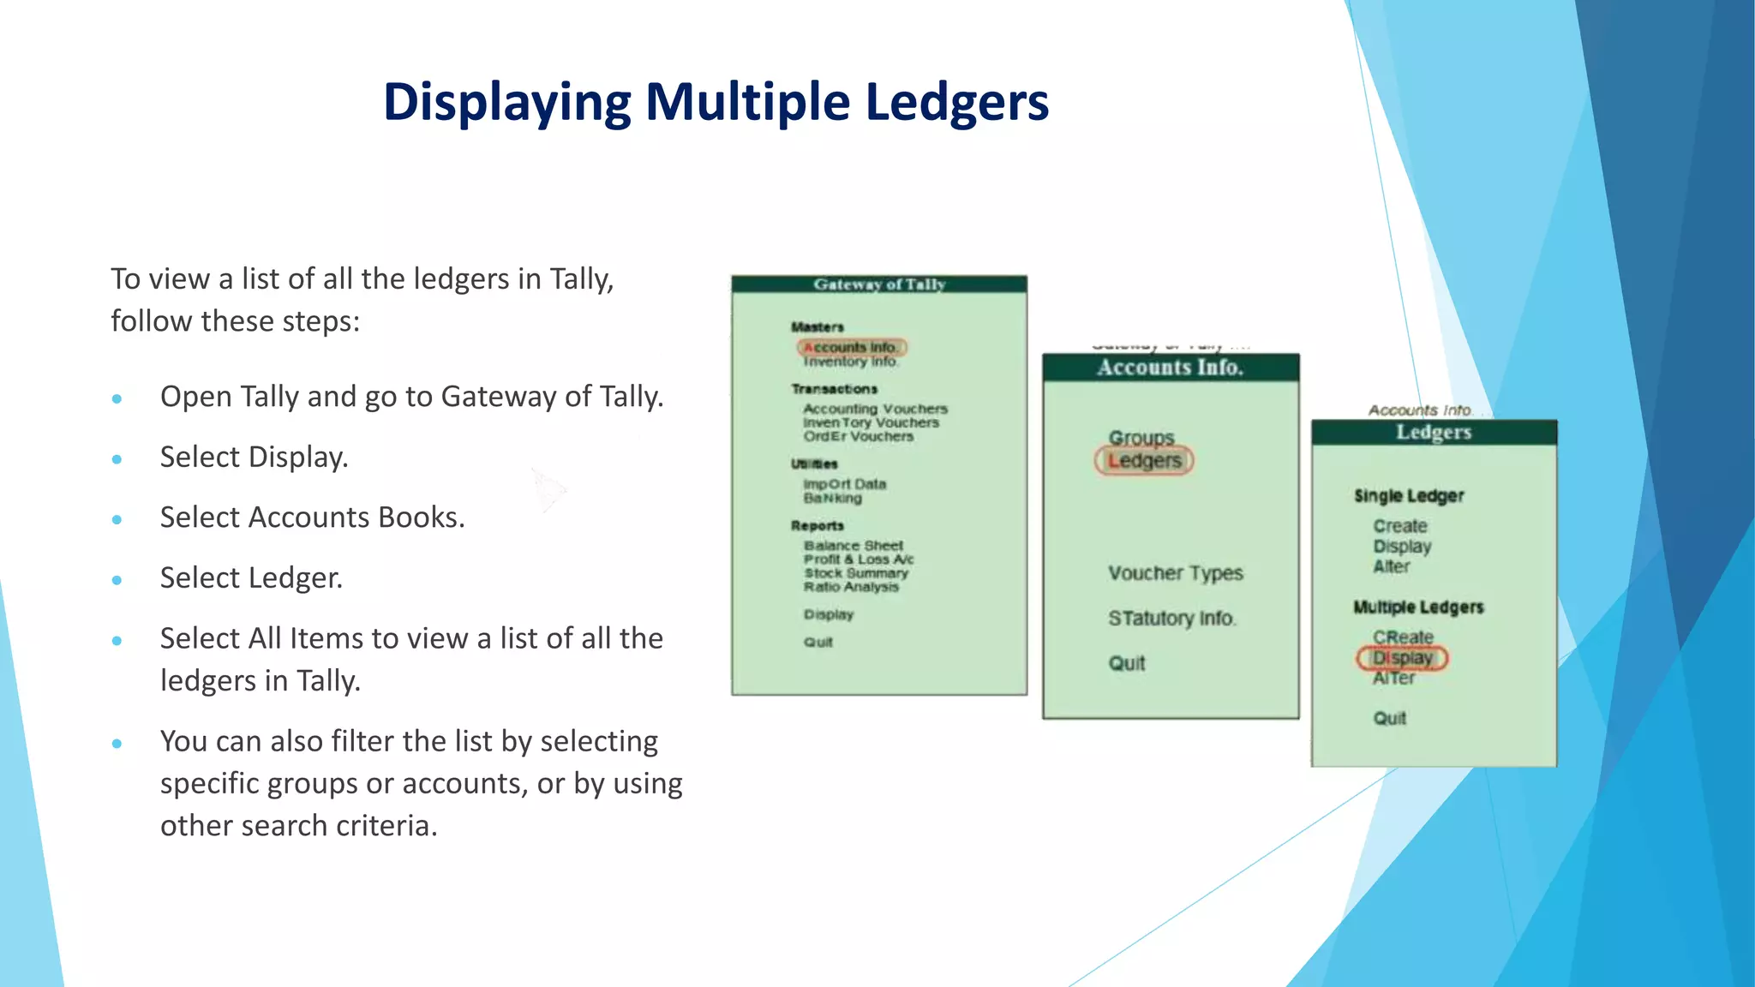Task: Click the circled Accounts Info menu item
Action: tap(851, 347)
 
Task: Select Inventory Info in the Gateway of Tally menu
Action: tap(850, 362)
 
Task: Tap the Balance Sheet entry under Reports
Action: tap(853, 546)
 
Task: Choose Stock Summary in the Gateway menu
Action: tap(855, 573)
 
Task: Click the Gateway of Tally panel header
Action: tap(879, 284)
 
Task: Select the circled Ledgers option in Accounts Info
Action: tap(1144, 461)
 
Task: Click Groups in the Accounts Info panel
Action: tap(1141, 438)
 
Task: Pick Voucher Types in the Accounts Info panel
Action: tap(1175, 573)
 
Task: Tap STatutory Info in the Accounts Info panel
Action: tap(1171, 619)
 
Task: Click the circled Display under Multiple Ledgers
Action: tap(1402, 658)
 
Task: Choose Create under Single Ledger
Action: tap(1400, 526)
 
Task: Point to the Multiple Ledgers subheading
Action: tap(1418, 607)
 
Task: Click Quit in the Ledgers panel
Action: tap(1389, 718)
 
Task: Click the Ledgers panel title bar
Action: tap(1434, 433)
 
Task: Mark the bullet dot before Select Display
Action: tap(117, 459)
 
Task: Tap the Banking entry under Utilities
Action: tap(832, 498)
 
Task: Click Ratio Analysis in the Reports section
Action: tap(851, 587)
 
